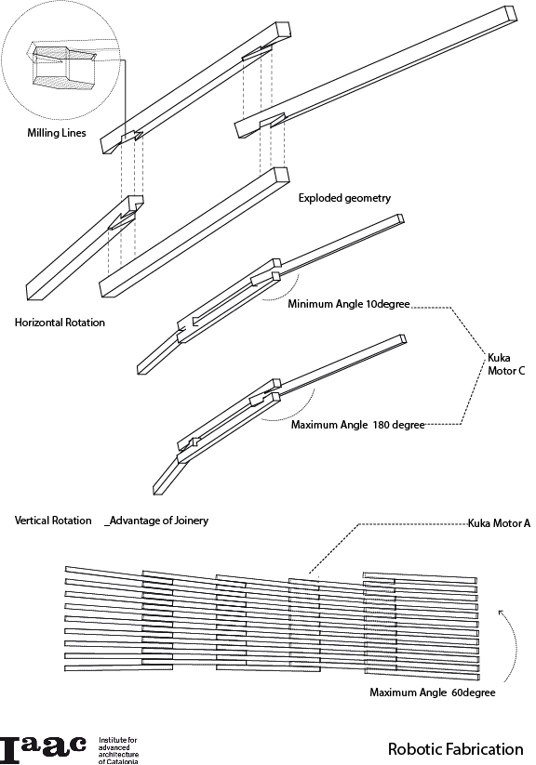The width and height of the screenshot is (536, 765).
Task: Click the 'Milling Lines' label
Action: (x=57, y=133)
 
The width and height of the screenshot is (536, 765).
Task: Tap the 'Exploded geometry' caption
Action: (x=344, y=198)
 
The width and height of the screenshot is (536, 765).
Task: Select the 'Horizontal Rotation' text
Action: (x=60, y=323)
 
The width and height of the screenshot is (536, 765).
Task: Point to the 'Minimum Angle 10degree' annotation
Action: (x=348, y=304)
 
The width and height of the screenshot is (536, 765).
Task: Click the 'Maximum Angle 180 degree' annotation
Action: (x=357, y=425)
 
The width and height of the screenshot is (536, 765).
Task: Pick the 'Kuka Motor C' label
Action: (x=506, y=364)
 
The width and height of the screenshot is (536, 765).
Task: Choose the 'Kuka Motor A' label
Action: (x=499, y=523)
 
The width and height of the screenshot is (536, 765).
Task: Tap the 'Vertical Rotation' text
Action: (x=53, y=521)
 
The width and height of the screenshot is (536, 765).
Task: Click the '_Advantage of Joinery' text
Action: (x=156, y=521)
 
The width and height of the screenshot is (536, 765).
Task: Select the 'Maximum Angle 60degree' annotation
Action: (x=433, y=692)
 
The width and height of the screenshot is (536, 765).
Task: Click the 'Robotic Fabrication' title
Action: (x=455, y=749)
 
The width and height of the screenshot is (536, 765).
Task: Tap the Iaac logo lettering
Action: (x=43, y=749)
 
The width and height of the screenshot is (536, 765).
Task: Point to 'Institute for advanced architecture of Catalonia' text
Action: (x=118, y=750)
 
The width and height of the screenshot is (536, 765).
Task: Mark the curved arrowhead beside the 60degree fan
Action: (x=502, y=613)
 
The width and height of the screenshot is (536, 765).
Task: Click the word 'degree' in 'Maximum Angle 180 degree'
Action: (x=409, y=426)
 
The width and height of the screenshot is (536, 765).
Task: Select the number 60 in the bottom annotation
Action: (x=456, y=692)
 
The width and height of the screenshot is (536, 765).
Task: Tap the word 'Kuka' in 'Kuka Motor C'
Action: (x=499, y=358)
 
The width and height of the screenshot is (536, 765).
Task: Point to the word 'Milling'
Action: (x=43, y=133)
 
